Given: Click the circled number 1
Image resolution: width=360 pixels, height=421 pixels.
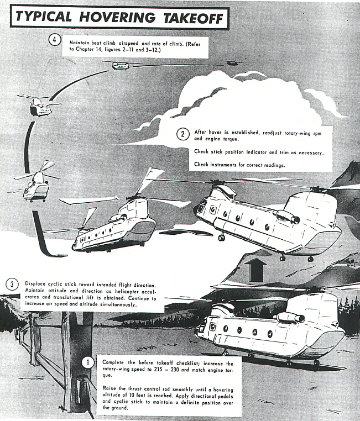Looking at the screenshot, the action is pos(88,363).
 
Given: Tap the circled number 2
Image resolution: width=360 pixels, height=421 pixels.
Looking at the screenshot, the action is pos(182,134).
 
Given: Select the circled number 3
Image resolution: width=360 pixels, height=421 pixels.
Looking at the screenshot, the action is pos(12,284).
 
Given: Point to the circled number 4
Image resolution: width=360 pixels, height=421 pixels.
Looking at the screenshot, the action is pos(55,40).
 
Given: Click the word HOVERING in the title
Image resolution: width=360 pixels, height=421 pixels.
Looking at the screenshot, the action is pos(117,17).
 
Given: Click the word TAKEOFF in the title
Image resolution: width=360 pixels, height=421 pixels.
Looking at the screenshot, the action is pos(193,18).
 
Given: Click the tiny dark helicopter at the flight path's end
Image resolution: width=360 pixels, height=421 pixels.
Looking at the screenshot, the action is pos(231,64).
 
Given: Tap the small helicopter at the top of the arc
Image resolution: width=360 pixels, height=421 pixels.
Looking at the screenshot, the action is pos(121,65).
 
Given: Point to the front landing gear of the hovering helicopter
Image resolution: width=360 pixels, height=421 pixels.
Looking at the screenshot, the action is pos(221,237).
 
